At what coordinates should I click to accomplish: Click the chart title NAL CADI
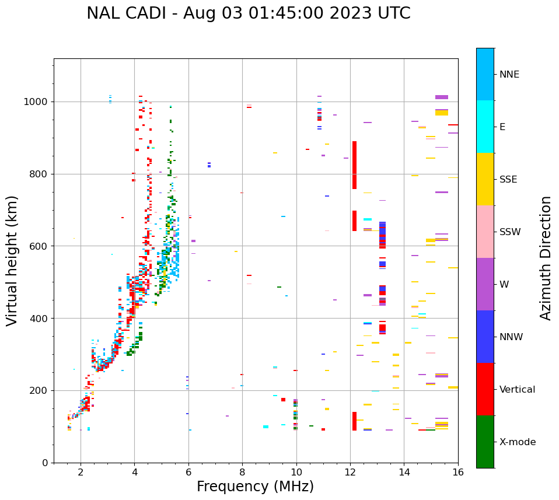click(248, 13)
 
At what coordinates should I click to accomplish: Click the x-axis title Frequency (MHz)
click(255, 487)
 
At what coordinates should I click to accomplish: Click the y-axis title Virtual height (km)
click(12, 260)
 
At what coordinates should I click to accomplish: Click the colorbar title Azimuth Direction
click(546, 257)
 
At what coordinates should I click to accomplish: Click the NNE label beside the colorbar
click(509, 75)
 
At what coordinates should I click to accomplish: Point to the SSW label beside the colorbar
click(510, 232)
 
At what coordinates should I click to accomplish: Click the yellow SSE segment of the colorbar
click(485, 179)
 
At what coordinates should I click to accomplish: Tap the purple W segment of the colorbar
click(485, 284)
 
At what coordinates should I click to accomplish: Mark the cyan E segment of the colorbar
click(485, 127)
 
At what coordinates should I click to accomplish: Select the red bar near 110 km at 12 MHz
click(354, 421)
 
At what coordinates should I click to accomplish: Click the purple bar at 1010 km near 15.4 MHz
click(442, 97)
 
